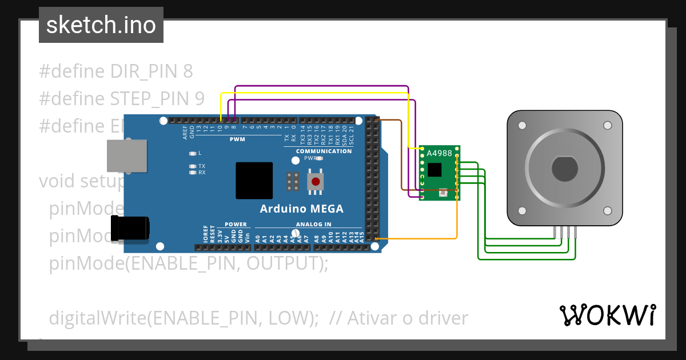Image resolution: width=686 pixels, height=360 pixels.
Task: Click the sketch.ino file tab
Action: pyautogui.click(x=101, y=25)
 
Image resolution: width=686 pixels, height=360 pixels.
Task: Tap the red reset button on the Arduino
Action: pyautogui.click(x=315, y=182)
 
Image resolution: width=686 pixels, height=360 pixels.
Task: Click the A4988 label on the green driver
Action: pyautogui.click(x=440, y=153)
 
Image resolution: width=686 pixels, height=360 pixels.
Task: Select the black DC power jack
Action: pyautogui.click(x=131, y=228)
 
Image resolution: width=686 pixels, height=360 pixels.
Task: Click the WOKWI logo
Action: pyautogui.click(x=607, y=315)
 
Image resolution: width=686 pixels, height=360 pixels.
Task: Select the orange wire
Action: pyautogui.click(x=457, y=223)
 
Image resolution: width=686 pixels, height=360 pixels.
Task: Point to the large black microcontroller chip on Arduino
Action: pyautogui.click(x=254, y=180)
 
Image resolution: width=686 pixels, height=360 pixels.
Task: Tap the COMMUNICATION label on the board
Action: pyautogui.click(x=324, y=151)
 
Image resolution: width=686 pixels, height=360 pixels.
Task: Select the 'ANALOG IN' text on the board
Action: pyautogui.click(x=313, y=225)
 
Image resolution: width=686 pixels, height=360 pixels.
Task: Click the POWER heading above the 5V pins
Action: pyautogui.click(x=236, y=225)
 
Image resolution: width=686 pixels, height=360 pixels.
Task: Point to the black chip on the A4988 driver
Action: pyautogui.click(x=434, y=170)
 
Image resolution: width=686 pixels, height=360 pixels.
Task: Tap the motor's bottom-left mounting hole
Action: pyautogui.click(x=523, y=210)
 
